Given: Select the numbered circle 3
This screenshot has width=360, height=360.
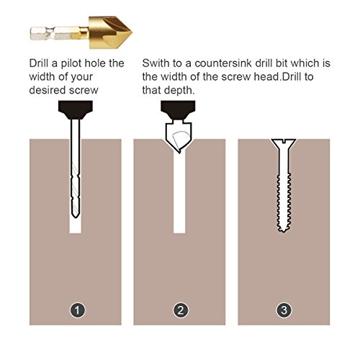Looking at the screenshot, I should pos(284,311).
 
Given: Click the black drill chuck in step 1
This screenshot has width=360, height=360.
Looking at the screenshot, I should pos(75,111).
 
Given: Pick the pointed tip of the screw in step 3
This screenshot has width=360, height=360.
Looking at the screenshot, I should pos(284,228).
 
